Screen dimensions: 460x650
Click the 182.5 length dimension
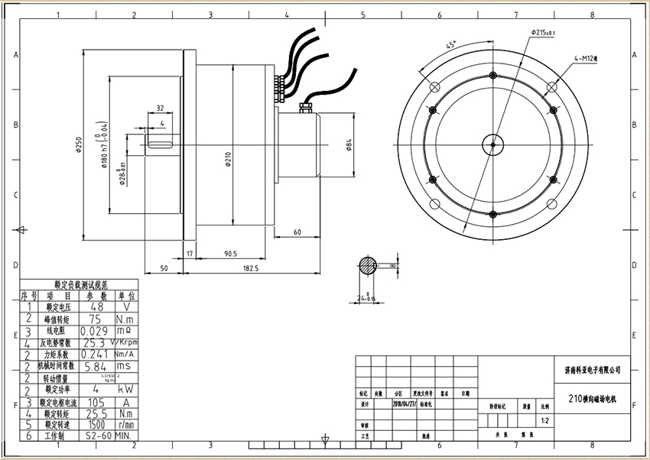[x=251, y=268]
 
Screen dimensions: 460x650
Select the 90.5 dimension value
[x=229, y=253]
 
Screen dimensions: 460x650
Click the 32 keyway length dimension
[x=160, y=109]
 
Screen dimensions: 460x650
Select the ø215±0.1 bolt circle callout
[x=542, y=32]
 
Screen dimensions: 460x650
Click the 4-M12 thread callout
[x=588, y=57]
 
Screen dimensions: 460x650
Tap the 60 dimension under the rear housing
[x=297, y=232]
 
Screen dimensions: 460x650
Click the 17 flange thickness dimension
[x=190, y=253]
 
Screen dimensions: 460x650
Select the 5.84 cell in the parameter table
[x=97, y=366]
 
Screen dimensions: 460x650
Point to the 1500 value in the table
[x=97, y=424]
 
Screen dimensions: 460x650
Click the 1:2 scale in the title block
[x=544, y=420]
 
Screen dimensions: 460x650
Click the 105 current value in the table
[x=97, y=402]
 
